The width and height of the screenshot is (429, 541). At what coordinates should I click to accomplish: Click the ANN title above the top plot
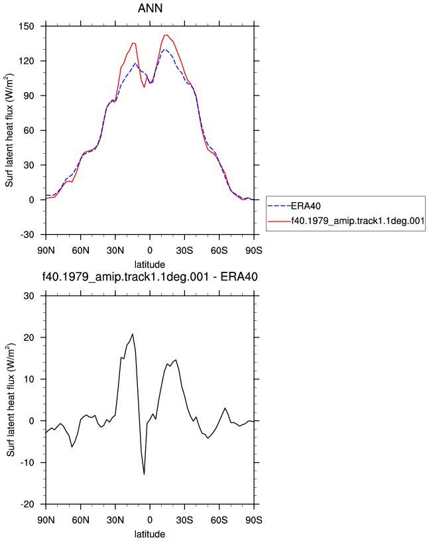150,8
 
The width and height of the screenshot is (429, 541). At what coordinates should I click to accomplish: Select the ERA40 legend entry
294,206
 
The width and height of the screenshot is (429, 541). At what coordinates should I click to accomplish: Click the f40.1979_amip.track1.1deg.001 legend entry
346,221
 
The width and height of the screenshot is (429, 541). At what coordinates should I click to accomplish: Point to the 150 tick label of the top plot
27,27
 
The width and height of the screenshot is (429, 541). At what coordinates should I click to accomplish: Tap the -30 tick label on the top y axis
27,235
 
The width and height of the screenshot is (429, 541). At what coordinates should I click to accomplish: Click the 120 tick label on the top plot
27,61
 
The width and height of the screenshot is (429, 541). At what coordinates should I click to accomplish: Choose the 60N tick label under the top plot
80,250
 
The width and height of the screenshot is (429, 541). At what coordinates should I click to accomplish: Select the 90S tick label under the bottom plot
254,520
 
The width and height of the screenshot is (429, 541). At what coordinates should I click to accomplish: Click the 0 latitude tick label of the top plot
150,250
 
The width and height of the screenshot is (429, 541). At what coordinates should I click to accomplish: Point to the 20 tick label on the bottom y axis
29,337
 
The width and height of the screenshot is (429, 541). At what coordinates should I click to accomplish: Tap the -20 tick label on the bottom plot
27,505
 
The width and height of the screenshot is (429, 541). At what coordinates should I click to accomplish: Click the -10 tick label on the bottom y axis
27,463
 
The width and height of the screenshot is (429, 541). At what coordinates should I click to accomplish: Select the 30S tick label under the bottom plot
184,520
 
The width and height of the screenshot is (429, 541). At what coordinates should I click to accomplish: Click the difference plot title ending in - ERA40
150,276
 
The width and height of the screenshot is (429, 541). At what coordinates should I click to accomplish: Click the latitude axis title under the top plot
150,265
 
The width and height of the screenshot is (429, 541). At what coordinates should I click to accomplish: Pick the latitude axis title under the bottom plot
150,534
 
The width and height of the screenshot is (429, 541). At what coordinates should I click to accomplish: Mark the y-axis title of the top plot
9,131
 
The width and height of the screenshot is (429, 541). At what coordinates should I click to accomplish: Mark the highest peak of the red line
166,35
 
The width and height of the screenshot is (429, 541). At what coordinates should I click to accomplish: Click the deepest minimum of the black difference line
144,474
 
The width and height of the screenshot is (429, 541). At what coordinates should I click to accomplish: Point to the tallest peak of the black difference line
133,334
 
